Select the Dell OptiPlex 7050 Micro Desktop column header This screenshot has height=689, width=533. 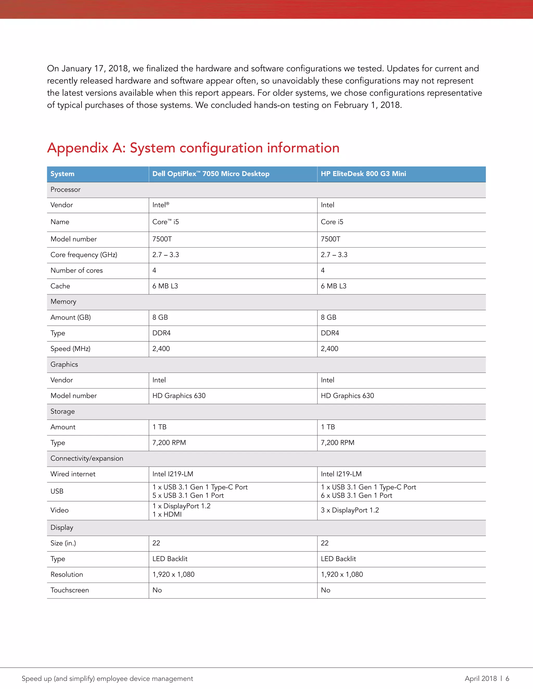pos(211,174)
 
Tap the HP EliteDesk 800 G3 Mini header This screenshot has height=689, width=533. pos(363,174)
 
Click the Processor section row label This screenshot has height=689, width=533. pos(65,190)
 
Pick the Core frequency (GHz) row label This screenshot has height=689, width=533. pos(84,255)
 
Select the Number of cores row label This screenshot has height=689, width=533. pos(77,270)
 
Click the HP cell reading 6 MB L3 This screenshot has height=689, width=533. pos(333,286)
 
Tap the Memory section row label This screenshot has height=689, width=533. pos(63,302)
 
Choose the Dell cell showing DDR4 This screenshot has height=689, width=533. pos(161,333)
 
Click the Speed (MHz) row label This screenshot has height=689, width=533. pos(71,349)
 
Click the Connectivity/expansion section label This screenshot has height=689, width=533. pos(87,458)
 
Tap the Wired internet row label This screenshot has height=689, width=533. pos(73,474)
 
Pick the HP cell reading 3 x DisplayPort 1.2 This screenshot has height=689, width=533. pos(350,510)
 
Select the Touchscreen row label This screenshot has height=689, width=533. pos(69,590)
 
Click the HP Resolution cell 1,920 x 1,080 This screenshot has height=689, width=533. pos(342,575)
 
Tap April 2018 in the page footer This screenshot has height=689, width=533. pos(481,679)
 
